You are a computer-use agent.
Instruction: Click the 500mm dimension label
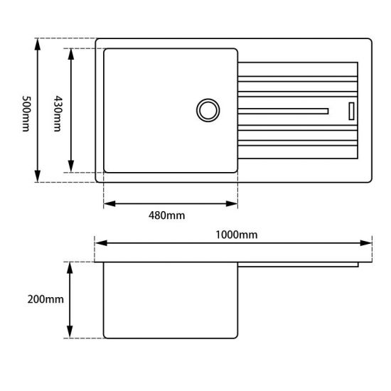tap(26, 110)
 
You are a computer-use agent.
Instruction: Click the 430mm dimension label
tap(58, 110)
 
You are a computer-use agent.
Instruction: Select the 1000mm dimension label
tap(237, 234)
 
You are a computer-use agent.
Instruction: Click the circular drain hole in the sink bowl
tap(208, 110)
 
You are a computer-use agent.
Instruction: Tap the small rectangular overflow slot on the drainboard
tap(350, 110)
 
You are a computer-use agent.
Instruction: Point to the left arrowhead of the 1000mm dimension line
tap(100, 243)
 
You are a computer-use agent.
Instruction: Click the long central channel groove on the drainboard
tap(284, 110)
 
